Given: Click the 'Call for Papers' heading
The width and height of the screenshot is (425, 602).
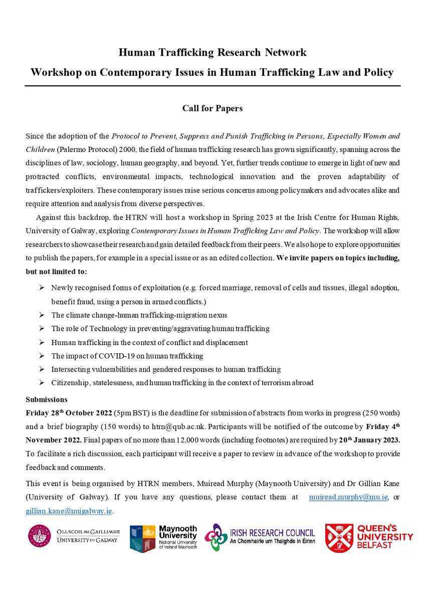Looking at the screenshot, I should click(x=212, y=107).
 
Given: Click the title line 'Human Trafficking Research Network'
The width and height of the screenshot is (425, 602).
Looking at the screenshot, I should click(x=212, y=52).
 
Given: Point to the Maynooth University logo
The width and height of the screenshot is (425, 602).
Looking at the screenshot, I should click(x=163, y=538).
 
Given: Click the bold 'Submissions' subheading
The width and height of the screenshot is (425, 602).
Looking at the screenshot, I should click(x=46, y=400).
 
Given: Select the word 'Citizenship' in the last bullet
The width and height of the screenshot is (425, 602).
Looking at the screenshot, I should click(x=68, y=383).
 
